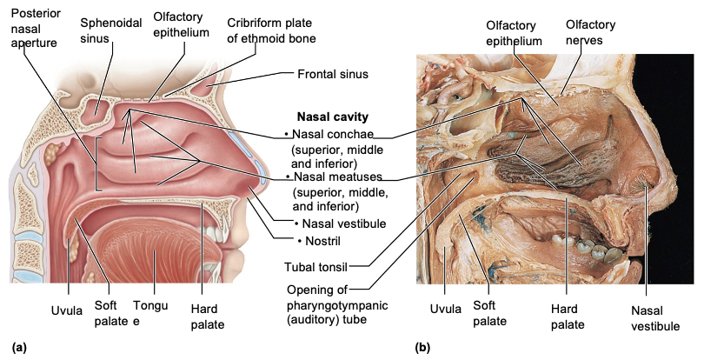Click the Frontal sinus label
[333, 74]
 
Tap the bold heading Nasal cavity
[333, 116]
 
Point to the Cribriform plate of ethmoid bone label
[271, 30]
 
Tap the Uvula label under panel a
[67, 310]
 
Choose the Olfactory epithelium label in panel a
[181, 25]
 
